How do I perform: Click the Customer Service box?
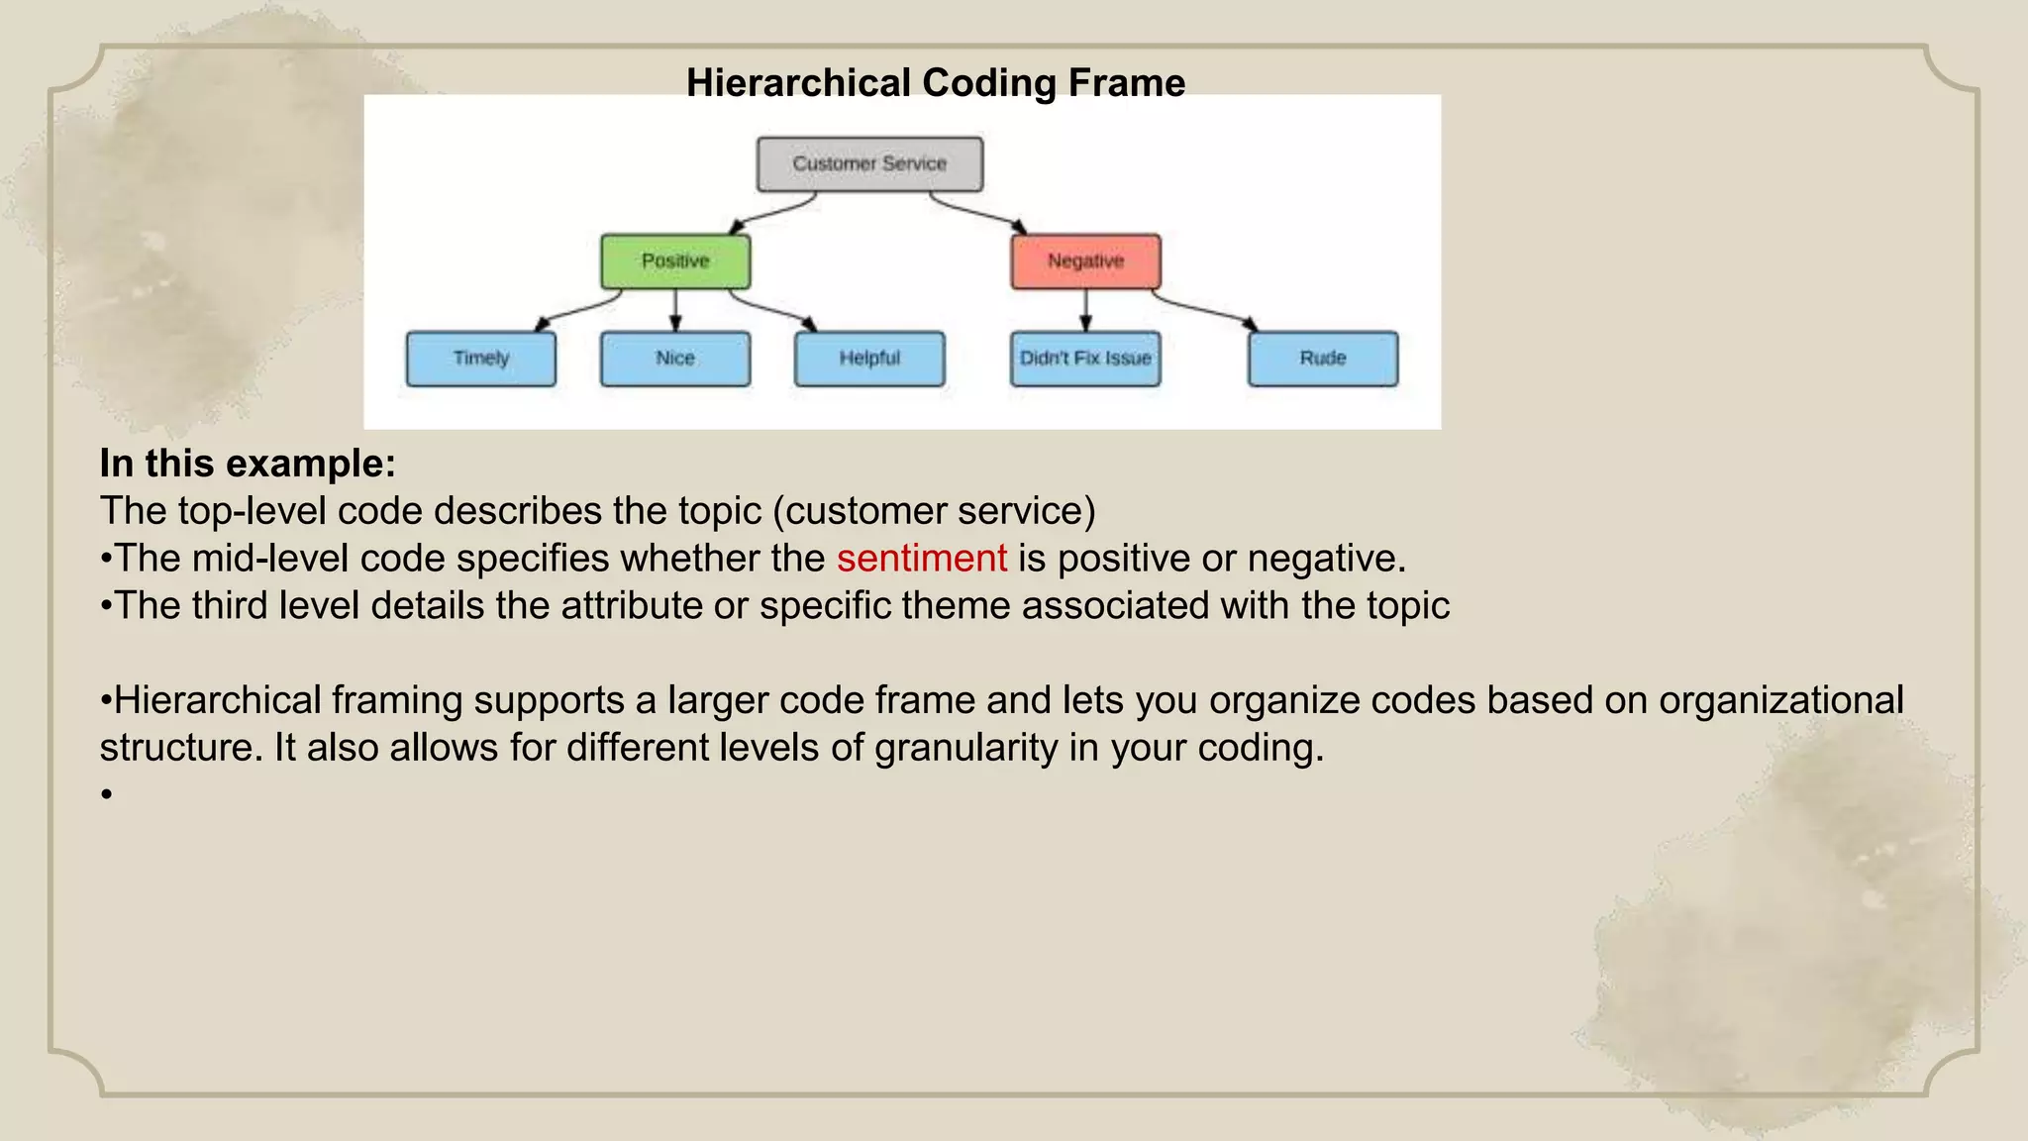[x=869, y=163]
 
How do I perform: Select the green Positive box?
[x=675, y=260]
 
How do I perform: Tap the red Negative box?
[x=1085, y=260]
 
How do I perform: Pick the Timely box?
[x=481, y=358]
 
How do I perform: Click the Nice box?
[x=675, y=358]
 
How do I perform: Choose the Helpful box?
[x=869, y=358]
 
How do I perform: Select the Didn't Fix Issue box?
[x=1085, y=358]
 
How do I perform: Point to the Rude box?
[x=1323, y=358]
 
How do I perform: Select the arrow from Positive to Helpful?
[x=773, y=309]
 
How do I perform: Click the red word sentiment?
[x=921, y=559]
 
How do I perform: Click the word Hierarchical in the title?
[x=798, y=83]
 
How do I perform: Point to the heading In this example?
[x=248, y=464]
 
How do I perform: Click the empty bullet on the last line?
[x=106, y=794]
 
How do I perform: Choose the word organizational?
[x=1780, y=700]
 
